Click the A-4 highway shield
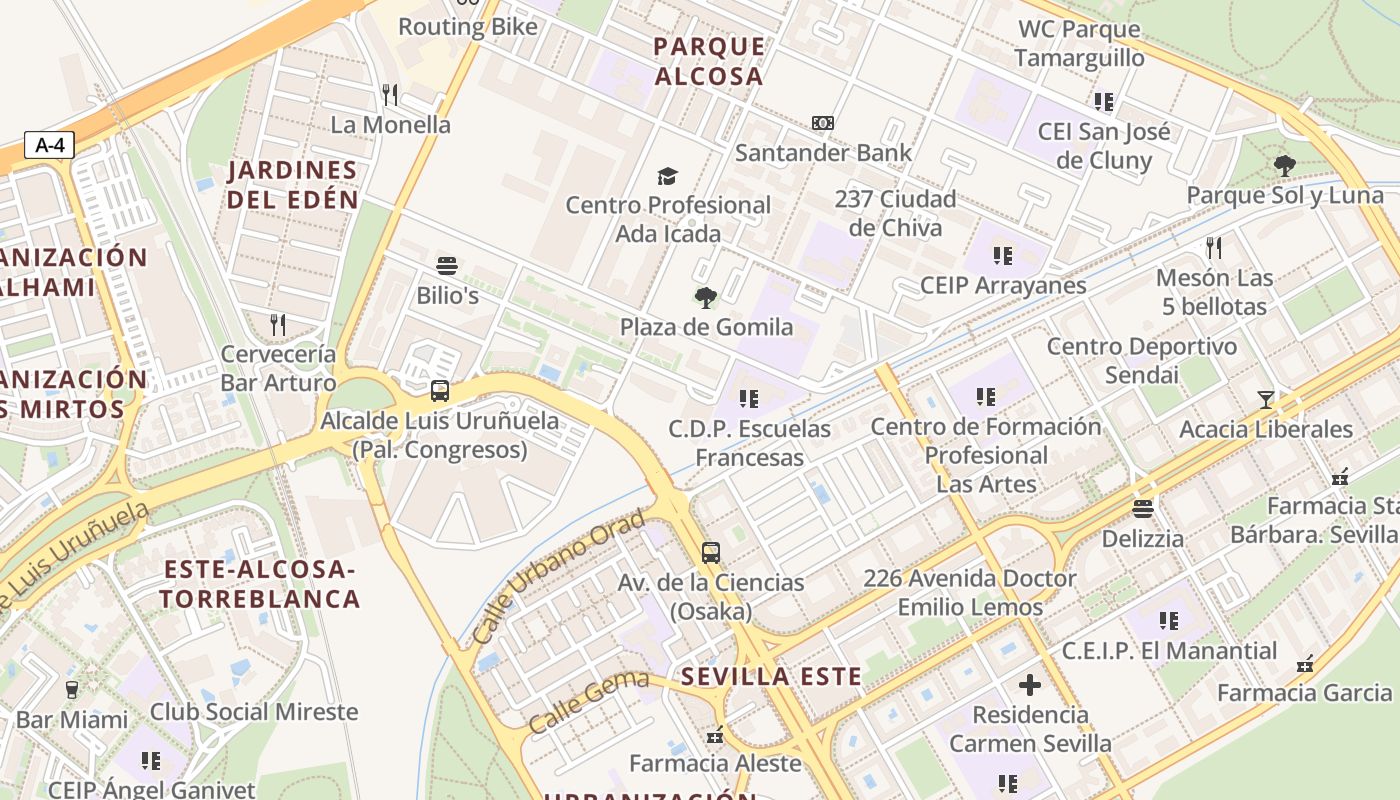(49, 145)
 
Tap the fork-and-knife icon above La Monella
(390, 95)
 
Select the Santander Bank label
(823, 153)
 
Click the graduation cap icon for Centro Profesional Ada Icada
(667, 177)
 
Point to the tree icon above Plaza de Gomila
(706, 297)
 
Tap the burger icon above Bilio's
(447, 266)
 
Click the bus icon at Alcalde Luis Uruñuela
(439, 391)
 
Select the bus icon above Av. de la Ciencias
(710, 552)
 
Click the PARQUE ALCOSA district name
(708, 61)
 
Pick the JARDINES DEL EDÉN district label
(292, 185)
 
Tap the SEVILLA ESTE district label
(771, 677)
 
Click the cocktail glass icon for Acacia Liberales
(1266, 400)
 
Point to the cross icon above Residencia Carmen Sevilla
(1030, 685)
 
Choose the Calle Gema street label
(588, 702)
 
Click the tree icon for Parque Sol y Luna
(1284, 166)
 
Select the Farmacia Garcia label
(1304, 692)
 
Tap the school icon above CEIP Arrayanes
(1003, 256)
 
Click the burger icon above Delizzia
(1143, 508)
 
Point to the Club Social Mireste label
(254, 712)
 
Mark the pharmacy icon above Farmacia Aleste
(714, 736)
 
